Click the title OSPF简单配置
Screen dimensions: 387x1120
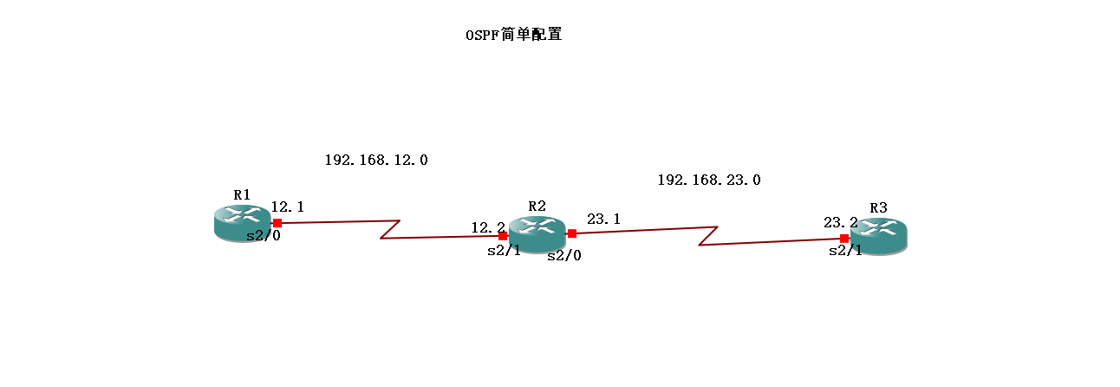pyautogui.click(x=514, y=36)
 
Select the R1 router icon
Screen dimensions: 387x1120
pyautogui.click(x=242, y=222)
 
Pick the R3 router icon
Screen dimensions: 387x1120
pyautogui.click(x=878, y=234)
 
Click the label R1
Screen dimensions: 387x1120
pyautogui.click(x=242, y=193)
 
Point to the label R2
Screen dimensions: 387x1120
pyautogui.click(x=537, y=206)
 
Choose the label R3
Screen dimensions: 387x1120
pyautogui.click(x=878, y=207)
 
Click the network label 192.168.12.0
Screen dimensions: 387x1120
pyautogui.click(x=376, y=160)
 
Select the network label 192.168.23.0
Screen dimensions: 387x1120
pyautogui.click(x=709, y=180)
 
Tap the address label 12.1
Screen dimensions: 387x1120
pyautogui.click(x=288, y=207)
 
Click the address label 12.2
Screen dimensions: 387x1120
pyautogui.click(x=488, y=227)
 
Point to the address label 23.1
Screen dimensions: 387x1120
pyautogui.click(x=603, y=220)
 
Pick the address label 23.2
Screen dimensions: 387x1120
pyautogui.click(x=840, y=222)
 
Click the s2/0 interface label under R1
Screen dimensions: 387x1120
pyautogui.click(x=264, y=237)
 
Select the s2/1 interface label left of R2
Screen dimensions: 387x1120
pyautogui.click(x=504, y=251)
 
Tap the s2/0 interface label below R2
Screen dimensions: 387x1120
pyautogui.click(x=563, y=255)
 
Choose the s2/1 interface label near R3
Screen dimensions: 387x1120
pyautogui.click(x=845, y=251)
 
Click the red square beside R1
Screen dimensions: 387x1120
pyautogui.click(x=277, y=223)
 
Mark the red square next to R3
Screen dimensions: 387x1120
pyautogui.click(x=844, y=238)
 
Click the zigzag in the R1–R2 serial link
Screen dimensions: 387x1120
pyautogui.click(x=389, y=229)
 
